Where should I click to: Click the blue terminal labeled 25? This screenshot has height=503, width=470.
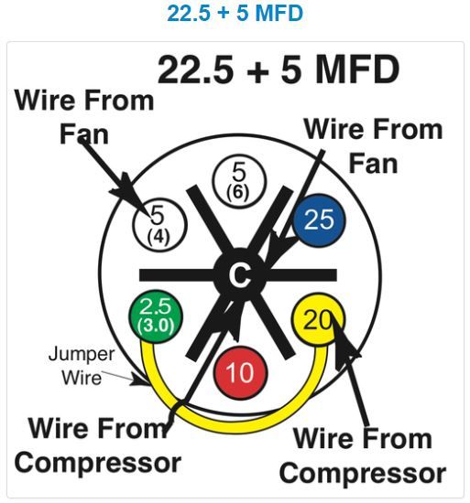[320, 220]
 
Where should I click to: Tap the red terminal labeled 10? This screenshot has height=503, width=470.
[241, 373]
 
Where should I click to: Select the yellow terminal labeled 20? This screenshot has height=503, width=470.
[318, 320]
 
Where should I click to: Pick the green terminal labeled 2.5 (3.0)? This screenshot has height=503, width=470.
[156, 316]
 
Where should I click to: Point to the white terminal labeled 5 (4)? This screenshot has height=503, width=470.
[159, 225]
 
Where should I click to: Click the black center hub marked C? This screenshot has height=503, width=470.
[240, 275]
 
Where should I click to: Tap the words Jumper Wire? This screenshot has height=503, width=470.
[82, 366]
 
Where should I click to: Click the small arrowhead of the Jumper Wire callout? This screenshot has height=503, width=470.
[141, 380]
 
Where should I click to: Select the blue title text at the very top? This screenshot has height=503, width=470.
[235, 13]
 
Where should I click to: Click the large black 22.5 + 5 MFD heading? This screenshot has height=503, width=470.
[279, 70]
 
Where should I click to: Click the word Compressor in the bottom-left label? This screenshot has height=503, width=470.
[98, 463]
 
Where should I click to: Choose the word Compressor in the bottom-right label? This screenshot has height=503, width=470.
[363, 473]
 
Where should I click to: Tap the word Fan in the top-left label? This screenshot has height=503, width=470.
[84, 134]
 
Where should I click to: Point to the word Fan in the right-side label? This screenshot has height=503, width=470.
[373, 164]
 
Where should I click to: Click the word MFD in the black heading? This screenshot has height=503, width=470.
[357, 70]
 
